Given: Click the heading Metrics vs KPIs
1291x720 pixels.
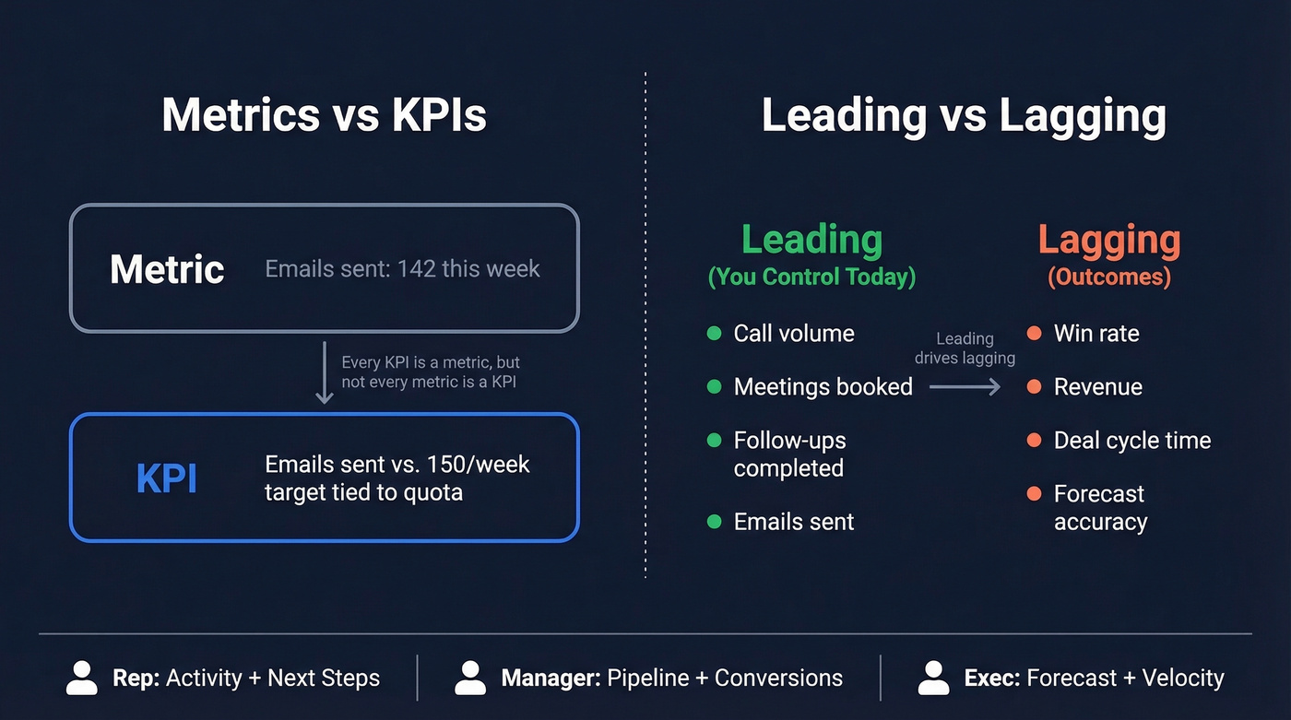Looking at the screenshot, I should pyautogui.click(x=324, y=116).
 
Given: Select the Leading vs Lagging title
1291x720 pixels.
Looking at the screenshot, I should pyautogui.click(x=964, y=116).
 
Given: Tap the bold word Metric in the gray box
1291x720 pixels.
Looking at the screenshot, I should pyautogui.click(x=167, y=269).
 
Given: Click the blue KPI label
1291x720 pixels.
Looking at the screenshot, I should pyautogui.click(x=167, y=478).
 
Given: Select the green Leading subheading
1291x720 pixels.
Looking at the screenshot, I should pyautogui.click(x=811, y=240).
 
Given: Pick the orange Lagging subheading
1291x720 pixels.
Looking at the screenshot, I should pyautogui.click(x=1109, y=240).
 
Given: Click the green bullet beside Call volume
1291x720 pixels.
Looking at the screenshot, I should pyautogui.click(x=714, y=334).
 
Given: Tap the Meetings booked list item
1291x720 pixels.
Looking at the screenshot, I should pyautogui.click(x=823, y=387).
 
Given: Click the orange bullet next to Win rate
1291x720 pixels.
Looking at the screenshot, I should pyautogui.click(x=1034, y=334).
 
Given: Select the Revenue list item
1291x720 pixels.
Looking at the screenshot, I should pyautogui.click(x=1097, y=387).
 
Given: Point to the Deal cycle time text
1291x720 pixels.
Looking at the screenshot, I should pyautogui.click(x=1131, y=441).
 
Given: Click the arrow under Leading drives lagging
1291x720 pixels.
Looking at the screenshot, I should pyautogui.click(x=965, y=387).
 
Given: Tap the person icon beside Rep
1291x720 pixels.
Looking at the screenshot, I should pyautogui.click(x=82, y=678).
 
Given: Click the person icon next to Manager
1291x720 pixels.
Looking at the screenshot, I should pyautogui.click(x=470, y=678).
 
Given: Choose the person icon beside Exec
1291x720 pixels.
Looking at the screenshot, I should pyautogui.click(x=934, y=678).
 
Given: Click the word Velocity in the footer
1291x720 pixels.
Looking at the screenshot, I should pyautogui.click(x=1183, y=679).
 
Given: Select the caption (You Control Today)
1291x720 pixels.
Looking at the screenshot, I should pyautogui.click(x=811, y=277).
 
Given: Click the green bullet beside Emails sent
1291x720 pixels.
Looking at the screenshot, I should pyautogui.click(x=714, y=522).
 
